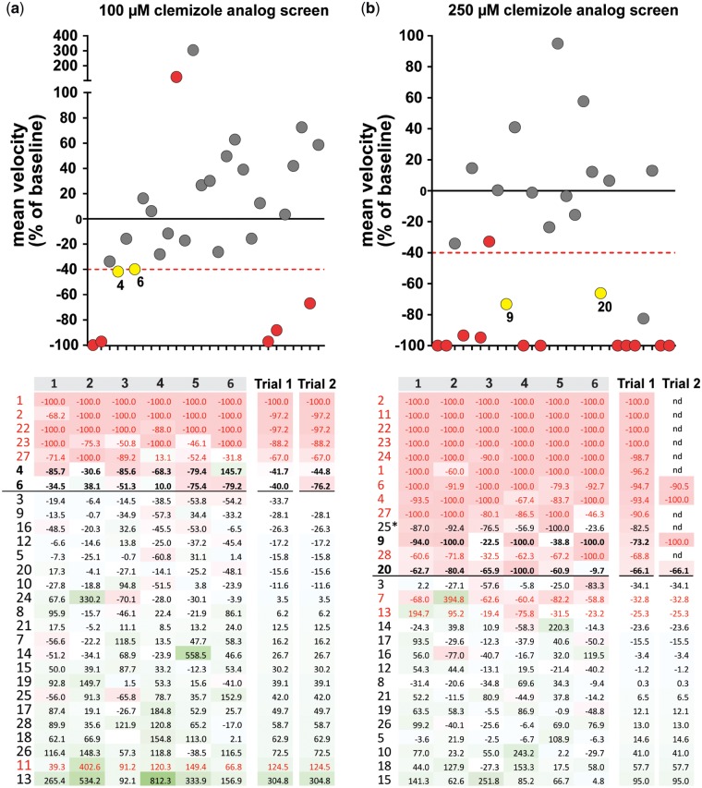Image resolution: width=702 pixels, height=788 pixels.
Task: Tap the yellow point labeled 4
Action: point(117,271)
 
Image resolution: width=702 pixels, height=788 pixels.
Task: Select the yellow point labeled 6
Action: point(135,269)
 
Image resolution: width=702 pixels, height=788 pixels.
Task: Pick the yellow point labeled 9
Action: point(506,304)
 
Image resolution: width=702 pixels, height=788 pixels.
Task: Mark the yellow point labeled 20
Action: point(600,293)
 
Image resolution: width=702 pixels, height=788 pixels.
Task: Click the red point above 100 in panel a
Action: point(175,77)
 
